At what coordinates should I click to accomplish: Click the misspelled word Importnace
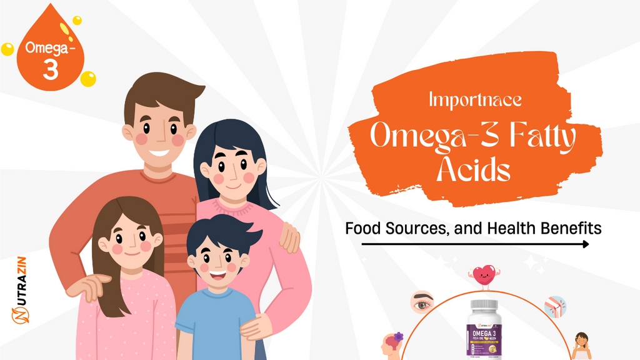pos(476,99)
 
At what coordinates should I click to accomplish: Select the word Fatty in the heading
pos(537,136)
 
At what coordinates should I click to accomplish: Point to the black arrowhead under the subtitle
pos(585,244)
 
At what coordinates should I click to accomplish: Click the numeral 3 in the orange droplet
pos(50,70)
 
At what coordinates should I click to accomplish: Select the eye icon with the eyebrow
pos(422,303)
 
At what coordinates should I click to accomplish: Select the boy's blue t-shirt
pos(216,325)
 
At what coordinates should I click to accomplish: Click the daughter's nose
pos(130,244)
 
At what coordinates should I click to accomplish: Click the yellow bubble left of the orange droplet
pos(7,49)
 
